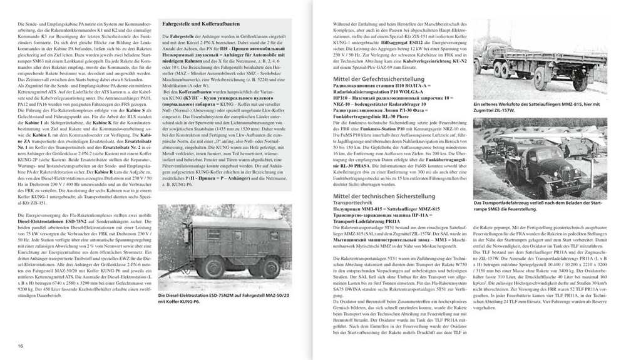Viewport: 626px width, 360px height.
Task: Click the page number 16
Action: pos(21,346)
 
